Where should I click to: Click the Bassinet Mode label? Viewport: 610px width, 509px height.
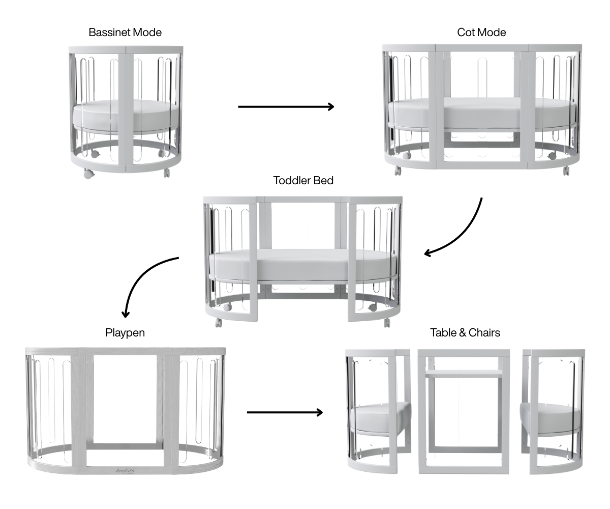tap(125, 33)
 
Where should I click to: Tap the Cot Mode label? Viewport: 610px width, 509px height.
tap(481, 33)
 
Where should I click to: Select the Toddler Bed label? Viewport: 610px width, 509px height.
tap(303, 181)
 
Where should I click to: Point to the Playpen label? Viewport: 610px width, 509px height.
tap(125, 333)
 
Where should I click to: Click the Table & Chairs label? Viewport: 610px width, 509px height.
tap(465, 333)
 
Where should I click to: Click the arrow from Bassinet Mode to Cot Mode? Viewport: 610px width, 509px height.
tap(286, 106)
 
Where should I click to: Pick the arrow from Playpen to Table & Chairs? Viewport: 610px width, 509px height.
tap(285, 412)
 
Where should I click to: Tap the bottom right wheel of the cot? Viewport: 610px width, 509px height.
tap(566, 171)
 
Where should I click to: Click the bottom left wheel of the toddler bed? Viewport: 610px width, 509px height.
tap(219, 322)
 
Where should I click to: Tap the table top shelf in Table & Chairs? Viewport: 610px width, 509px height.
tap(464, 374)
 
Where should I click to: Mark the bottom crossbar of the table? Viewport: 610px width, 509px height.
tap(464, 449)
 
